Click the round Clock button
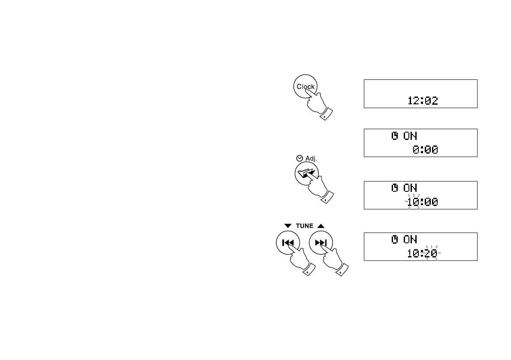[305, 87]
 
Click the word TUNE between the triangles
[304, 226]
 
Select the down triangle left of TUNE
[287, 226]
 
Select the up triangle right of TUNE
[321, 226]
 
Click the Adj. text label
[311, 158]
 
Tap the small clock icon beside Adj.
[300, 158]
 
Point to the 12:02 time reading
[423, 101]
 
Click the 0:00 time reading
[425, 150]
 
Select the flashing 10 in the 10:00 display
[413, 202]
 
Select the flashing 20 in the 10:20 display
[432, 254]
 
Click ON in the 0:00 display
[410, 136]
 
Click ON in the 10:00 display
[410, 188]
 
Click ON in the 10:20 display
[410, 240]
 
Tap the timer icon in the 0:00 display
[395, 136]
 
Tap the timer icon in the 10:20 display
[395, 240]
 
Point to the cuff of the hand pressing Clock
[327, 114]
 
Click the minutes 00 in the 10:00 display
[432, 202]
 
